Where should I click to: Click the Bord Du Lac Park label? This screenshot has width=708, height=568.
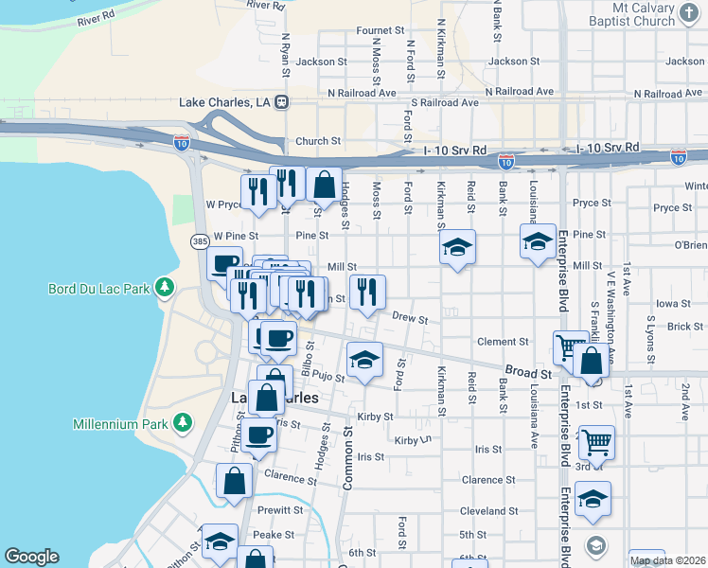100,287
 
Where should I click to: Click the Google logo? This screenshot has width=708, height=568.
31,557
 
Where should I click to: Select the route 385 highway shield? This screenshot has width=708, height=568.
200,242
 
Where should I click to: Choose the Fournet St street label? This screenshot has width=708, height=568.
381,30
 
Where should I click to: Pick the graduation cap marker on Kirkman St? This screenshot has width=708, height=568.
457,247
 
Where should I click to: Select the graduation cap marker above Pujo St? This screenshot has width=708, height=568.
364,360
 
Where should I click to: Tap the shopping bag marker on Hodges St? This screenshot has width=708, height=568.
324,185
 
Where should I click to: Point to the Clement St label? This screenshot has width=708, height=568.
502,342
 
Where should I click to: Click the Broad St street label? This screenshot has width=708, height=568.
521,371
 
